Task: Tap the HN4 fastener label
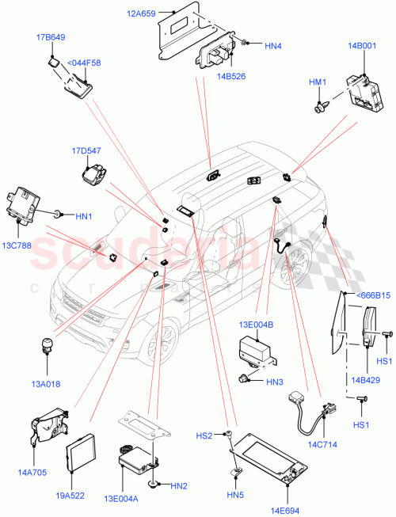pos(272,46)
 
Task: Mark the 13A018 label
pos(48,384)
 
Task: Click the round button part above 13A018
pos(48,346)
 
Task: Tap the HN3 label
pos(275,382)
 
